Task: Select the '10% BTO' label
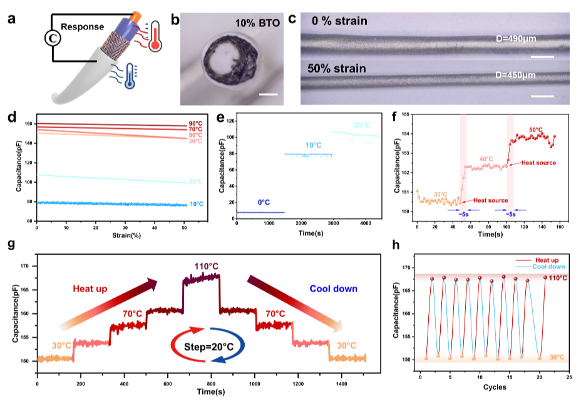click(257, 23)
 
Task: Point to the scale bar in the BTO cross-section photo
click(267, 94)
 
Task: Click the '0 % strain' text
click(339, 21)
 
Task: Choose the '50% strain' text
click(337, 68)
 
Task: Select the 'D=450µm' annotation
click(515, 75)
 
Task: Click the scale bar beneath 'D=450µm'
click(542, 96)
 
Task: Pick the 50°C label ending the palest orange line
click(195, 141)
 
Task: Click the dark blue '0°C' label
click(264, 203)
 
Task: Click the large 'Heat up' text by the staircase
click(90, 289)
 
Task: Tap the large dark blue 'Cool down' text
click(334, 289)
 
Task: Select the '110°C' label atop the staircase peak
click(206, 267)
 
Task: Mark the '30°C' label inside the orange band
click(557, 358)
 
